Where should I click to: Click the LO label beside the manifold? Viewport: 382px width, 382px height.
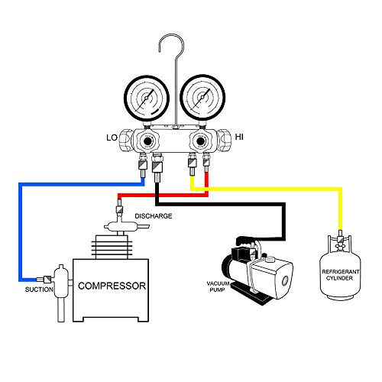pyautogui.click(x=112, y=138)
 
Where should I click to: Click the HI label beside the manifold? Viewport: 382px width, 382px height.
pyautogui.click(x=239, y=137)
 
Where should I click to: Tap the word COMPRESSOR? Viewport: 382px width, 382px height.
pyautogui.click(x=112, y=286)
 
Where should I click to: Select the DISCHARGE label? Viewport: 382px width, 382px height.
pyautogui.click(x=154, y=216)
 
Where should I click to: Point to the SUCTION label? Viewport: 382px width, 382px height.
pyautogui.click(x=39, y=290)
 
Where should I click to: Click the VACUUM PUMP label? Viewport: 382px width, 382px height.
pyautogui.click(x=218, y=286)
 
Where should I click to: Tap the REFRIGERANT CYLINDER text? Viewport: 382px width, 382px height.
pyautogui.click(x=340, y=275)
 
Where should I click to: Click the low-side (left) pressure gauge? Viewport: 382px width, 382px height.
pyautogui.click(x=147, y=98)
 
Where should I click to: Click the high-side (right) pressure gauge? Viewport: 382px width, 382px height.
pyautogui.click(x=202, y=97)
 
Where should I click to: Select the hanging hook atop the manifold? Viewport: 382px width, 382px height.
pyautogui.click(x=176, y=76)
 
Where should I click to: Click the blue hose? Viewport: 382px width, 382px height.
pyautogui.click(x=20, y=229)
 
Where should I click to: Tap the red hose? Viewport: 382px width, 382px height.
pyautogui.click(x=163, y=195)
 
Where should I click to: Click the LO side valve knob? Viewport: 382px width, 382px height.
pyautogui.click(x=125, y=140)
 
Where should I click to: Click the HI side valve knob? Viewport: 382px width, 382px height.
pyautogui.click(x=223, y=139)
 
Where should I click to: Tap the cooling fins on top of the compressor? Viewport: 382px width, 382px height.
pyautogui.click(x=112, y=247)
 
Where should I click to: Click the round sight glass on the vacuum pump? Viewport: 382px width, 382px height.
pyautogui.click(x=285, y=281)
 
